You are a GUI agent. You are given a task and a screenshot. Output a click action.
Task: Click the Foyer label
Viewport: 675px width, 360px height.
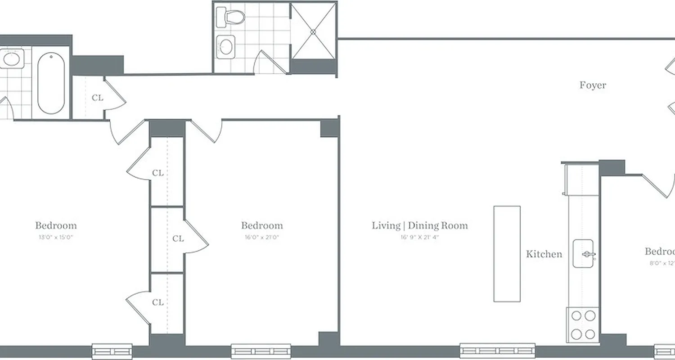point(593,85)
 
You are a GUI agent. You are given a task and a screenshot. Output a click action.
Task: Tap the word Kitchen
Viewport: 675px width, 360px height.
point(544,254)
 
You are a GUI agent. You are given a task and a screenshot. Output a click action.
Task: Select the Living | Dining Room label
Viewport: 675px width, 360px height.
point(419,225)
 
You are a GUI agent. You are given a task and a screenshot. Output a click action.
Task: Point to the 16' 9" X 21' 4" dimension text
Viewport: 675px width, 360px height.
point(419,237)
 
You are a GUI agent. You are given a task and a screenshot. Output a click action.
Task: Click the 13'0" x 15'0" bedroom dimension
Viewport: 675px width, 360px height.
point(56,237)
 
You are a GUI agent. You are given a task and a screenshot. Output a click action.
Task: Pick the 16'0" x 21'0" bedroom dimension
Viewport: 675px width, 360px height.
point(261,237)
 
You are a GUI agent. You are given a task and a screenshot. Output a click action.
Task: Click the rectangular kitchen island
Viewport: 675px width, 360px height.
point(507,254)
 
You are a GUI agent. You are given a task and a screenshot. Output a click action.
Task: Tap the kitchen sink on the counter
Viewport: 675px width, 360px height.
point(583,254)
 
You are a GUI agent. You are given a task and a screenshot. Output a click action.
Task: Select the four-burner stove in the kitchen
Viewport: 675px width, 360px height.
point(583,324)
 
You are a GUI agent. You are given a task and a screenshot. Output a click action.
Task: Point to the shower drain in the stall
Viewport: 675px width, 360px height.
point(314,31)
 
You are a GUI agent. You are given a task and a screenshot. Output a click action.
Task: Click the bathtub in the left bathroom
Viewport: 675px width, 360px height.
point(51,84)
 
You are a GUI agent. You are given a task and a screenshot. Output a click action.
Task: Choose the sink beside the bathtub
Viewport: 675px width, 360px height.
point(12,59)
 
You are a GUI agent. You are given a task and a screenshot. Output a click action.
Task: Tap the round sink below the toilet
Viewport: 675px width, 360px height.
point(226,45)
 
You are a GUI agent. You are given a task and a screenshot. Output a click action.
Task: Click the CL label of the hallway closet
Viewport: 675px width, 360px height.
point(97,98)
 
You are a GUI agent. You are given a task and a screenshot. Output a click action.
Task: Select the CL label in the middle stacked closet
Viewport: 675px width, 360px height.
point(178,238)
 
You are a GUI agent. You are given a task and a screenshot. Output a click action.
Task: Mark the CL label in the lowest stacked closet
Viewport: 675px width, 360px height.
point(157,302)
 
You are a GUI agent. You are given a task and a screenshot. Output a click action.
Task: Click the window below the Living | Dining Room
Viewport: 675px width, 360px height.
point(497,351)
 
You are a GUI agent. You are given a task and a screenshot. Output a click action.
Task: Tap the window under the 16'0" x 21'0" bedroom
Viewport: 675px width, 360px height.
point(261,351)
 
